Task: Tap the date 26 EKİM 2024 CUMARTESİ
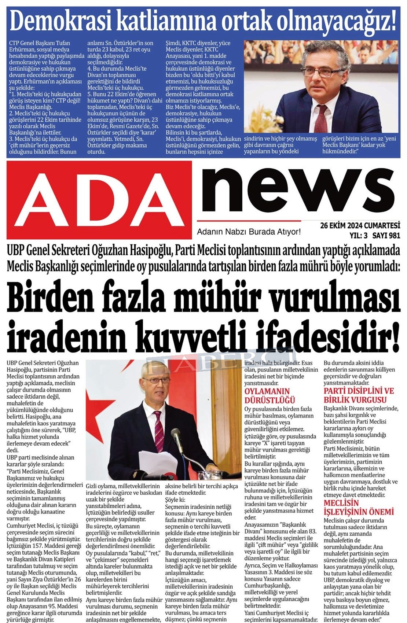360,225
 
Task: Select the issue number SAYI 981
386,235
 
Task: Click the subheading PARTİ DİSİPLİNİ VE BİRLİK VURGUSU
359,395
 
